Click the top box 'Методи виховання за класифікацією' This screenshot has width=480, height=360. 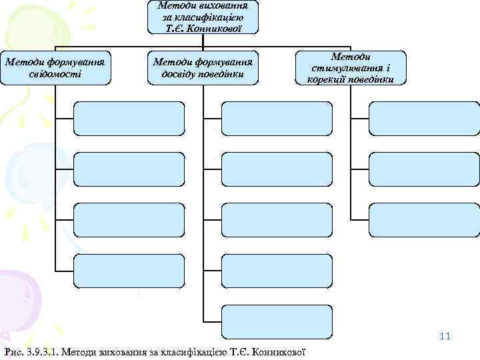[203, 17]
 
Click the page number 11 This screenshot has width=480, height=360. [445, 336]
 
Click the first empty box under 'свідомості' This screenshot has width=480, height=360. [129, 118]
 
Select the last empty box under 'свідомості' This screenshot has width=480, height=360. [129, 271]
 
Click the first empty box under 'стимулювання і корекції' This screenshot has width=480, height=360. [424, 118]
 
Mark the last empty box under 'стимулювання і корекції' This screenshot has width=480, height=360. [424, 220]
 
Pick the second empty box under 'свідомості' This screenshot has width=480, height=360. [129, 169]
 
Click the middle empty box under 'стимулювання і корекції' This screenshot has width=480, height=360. [424, 169]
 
